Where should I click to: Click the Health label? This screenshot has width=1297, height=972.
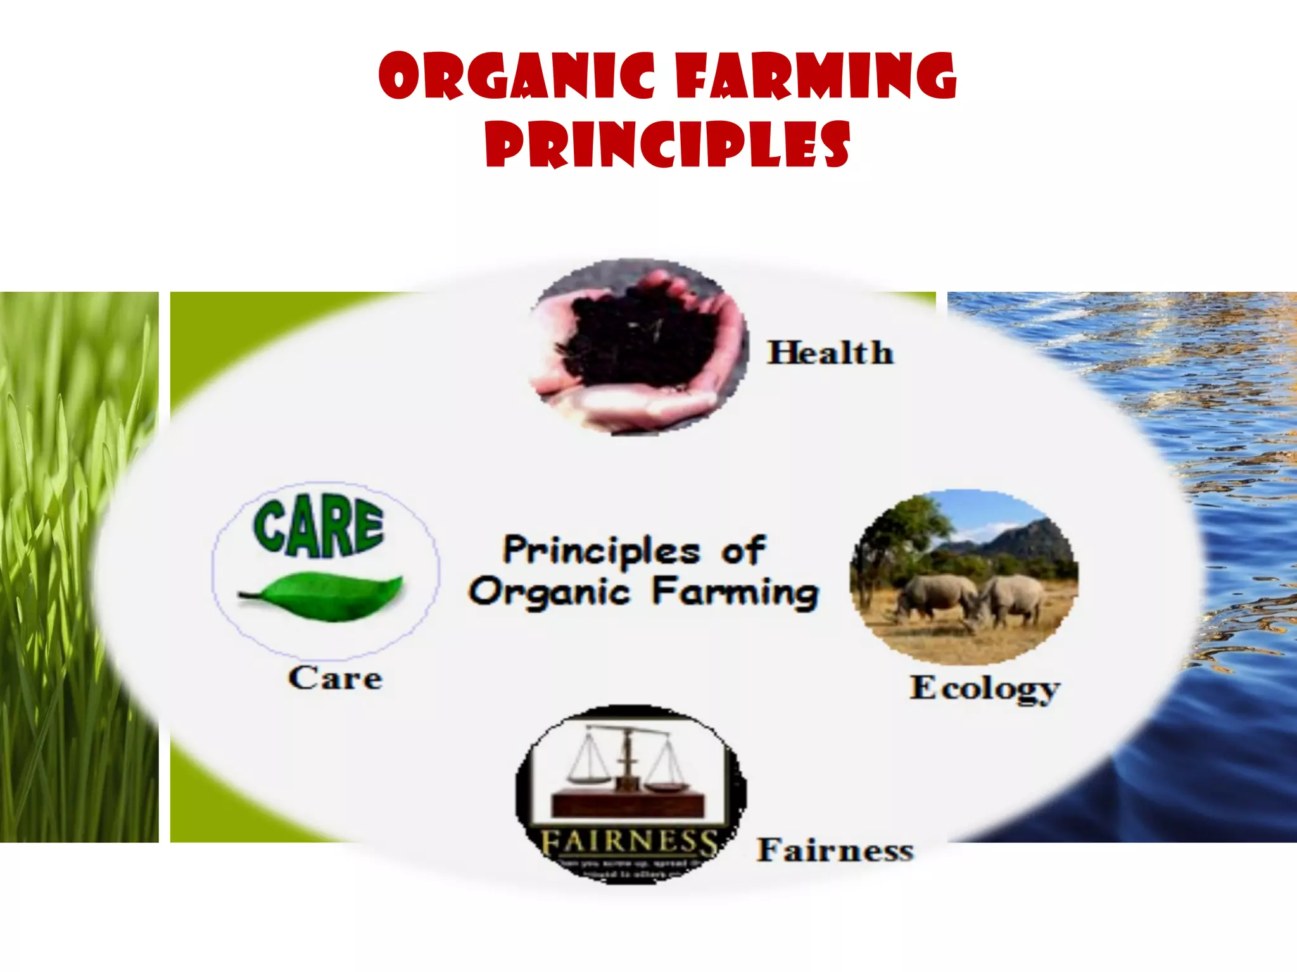tap(830, 352)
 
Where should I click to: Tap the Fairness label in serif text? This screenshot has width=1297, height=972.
tap(835, 850)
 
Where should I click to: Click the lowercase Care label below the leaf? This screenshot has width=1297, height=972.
tap(335, 678)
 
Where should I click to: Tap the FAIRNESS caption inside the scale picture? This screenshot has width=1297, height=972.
tap(629, 842)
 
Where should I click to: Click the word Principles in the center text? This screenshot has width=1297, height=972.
tap(601, 551)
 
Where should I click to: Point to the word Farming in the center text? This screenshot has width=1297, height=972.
tap(735, 592)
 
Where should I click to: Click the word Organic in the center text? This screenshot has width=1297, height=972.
tap(549, 593)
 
